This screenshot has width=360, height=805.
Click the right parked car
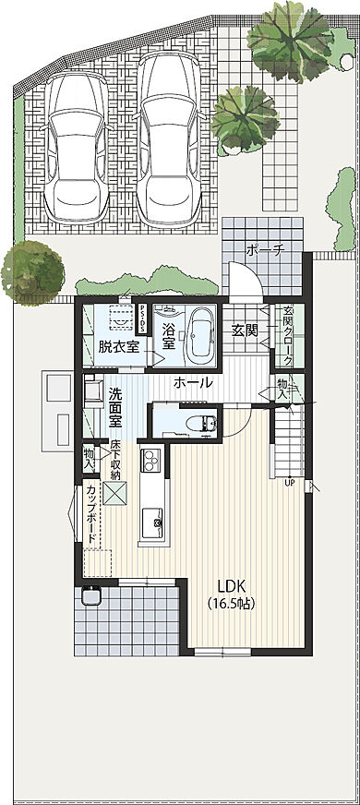pyautogui.click(x=170, y=138)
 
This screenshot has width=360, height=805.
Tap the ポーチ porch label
pyautogui.click(x=264, y=249)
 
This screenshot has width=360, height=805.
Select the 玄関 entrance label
pyautogui.click(x=245, y=330)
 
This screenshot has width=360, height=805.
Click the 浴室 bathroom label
pyautogui.click(x=169, y=336)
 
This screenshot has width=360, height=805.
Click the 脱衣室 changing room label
pyautogui.click(x=118, y=347)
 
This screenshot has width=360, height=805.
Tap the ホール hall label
pyautogui.click(x=193, y=382)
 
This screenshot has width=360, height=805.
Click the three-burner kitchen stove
pyautogui.click(x=150, y=458)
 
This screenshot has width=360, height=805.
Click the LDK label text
pyautogui.click(x=234, y=585)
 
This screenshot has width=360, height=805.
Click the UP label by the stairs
pyautogui.click(x=289, y=482)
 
